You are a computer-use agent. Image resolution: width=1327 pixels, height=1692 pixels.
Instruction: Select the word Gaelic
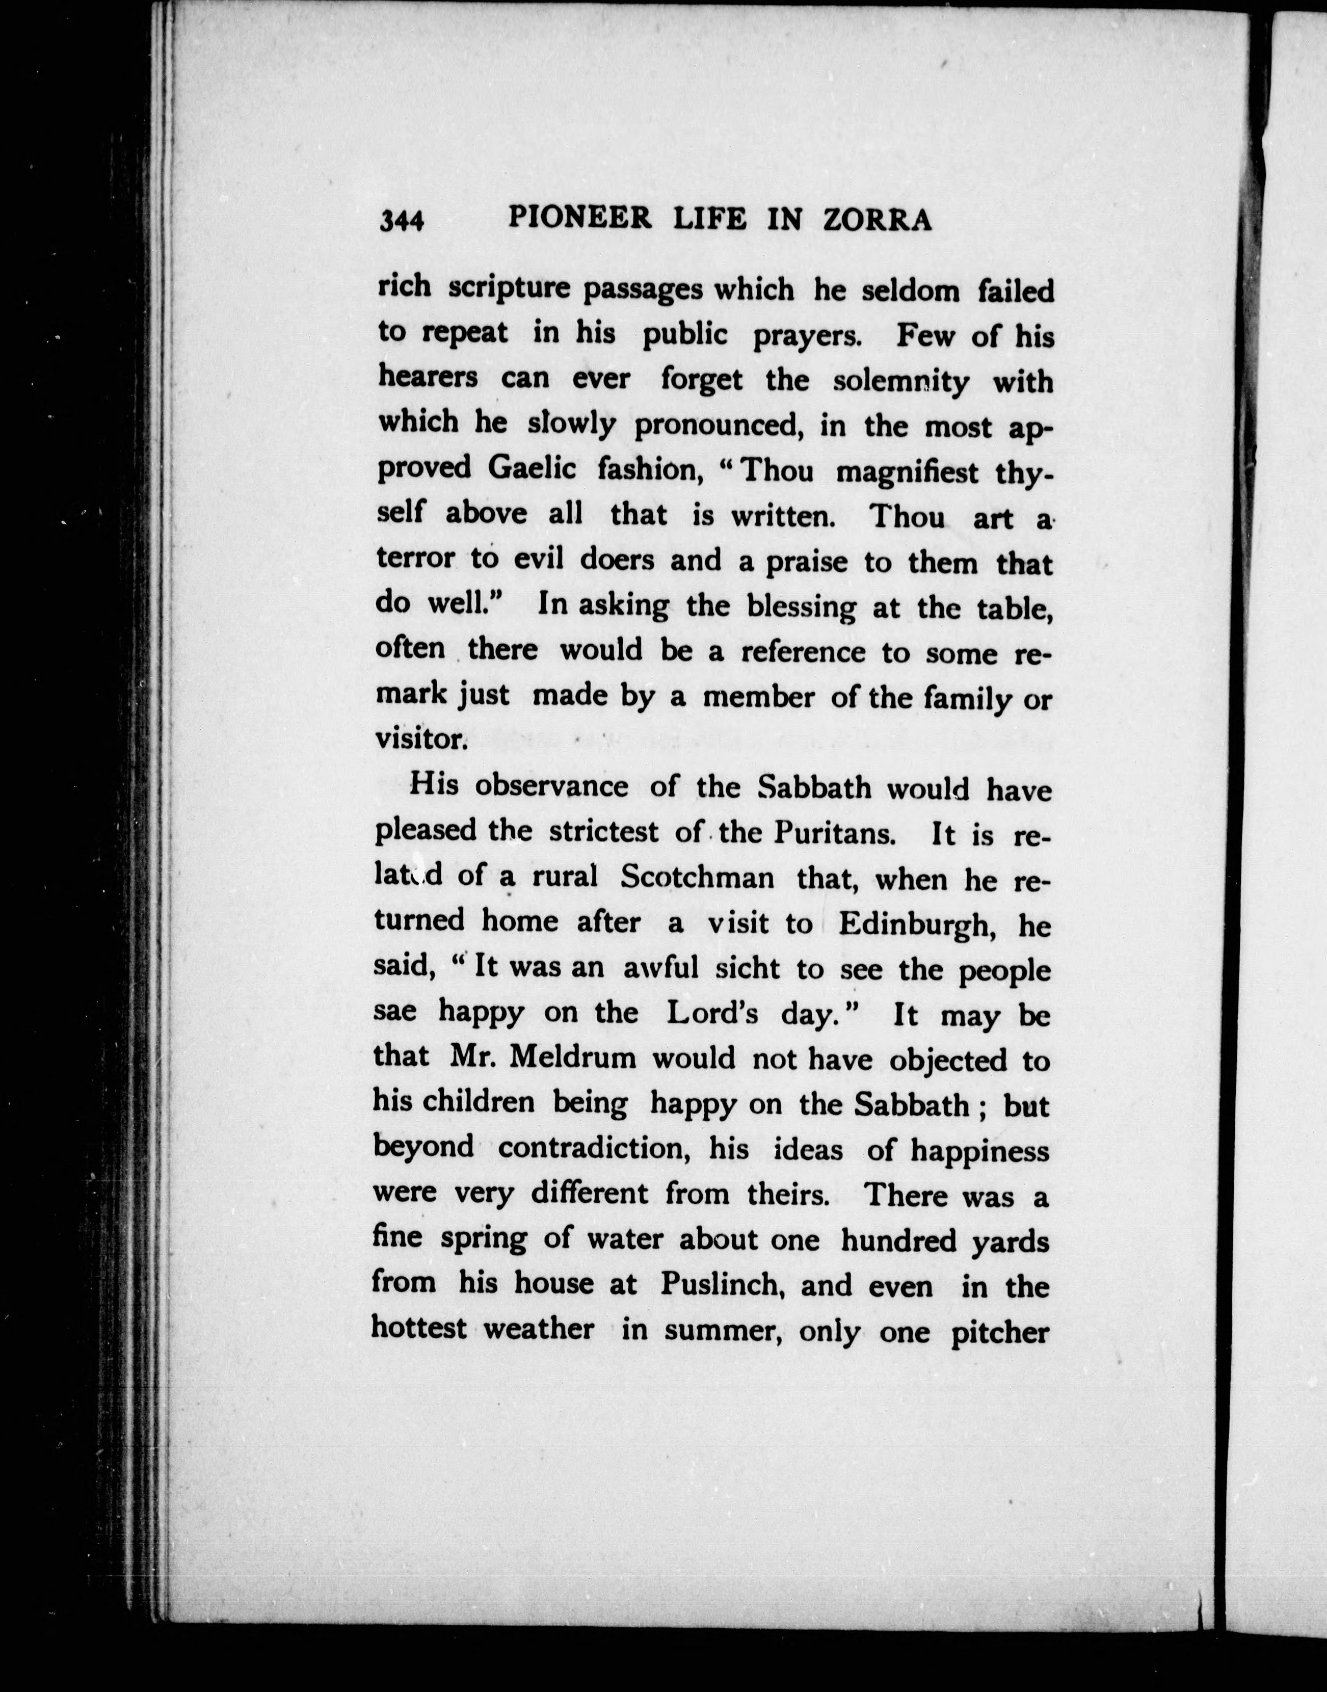click(532, 468)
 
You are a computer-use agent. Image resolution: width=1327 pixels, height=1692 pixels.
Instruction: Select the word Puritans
click(836, 833)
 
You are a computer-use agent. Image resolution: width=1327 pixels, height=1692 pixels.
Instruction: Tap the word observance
click(551, 786)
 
